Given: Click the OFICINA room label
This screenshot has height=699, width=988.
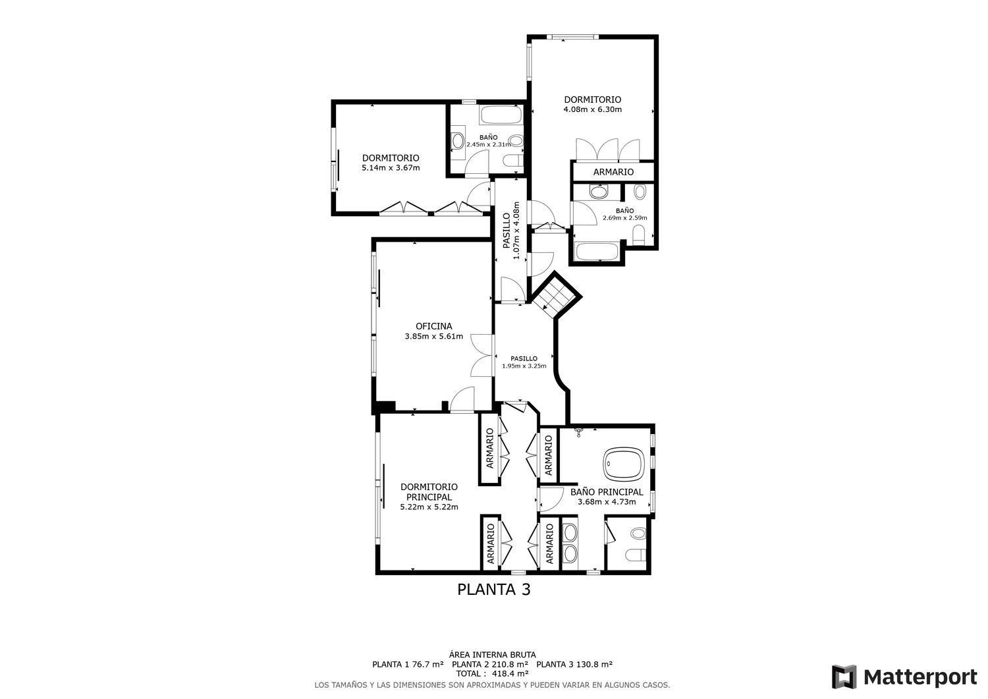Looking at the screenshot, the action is (x=433, y=327).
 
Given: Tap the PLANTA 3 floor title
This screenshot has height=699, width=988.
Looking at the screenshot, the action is (x=493, y=590).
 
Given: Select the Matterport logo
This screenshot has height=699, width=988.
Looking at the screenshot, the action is (x=904, y=677).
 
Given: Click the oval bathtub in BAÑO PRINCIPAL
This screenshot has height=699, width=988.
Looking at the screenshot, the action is (x=623, y=464).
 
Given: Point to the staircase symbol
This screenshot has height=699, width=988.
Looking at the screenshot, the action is (x=555, y=296).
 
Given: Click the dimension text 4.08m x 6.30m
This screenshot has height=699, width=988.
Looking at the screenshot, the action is (x=592, y=109).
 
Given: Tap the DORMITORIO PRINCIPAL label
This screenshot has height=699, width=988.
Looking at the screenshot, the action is (x=429, y=491).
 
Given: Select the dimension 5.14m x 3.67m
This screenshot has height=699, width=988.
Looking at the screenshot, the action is (x=391, y=168).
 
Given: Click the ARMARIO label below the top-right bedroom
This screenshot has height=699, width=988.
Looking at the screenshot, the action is (x=613, y=172).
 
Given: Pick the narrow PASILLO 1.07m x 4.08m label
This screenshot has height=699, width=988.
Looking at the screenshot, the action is (x=512, y=231).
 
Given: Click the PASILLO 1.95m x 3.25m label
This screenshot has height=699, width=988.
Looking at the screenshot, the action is (x=524, y=362).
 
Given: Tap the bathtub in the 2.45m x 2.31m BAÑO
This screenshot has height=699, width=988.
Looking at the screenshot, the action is (x=501, y=115).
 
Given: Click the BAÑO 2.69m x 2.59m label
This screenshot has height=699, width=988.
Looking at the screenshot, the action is (x=625, y=215).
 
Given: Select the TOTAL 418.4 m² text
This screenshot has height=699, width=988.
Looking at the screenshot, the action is (x=492, y=673).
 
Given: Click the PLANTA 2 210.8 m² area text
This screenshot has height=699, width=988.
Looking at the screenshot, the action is (x=490, y=663).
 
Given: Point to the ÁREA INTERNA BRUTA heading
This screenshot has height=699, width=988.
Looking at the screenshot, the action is (x=492, y=654).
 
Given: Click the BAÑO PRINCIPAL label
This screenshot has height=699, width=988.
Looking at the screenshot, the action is (x=607, y=492).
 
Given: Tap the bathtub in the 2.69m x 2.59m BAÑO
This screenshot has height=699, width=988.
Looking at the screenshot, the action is (x=598, y=252).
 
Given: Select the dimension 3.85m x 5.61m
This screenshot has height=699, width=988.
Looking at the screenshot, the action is (x=434, y=337).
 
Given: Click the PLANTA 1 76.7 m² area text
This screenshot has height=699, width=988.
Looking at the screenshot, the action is (x=408, y=663).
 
